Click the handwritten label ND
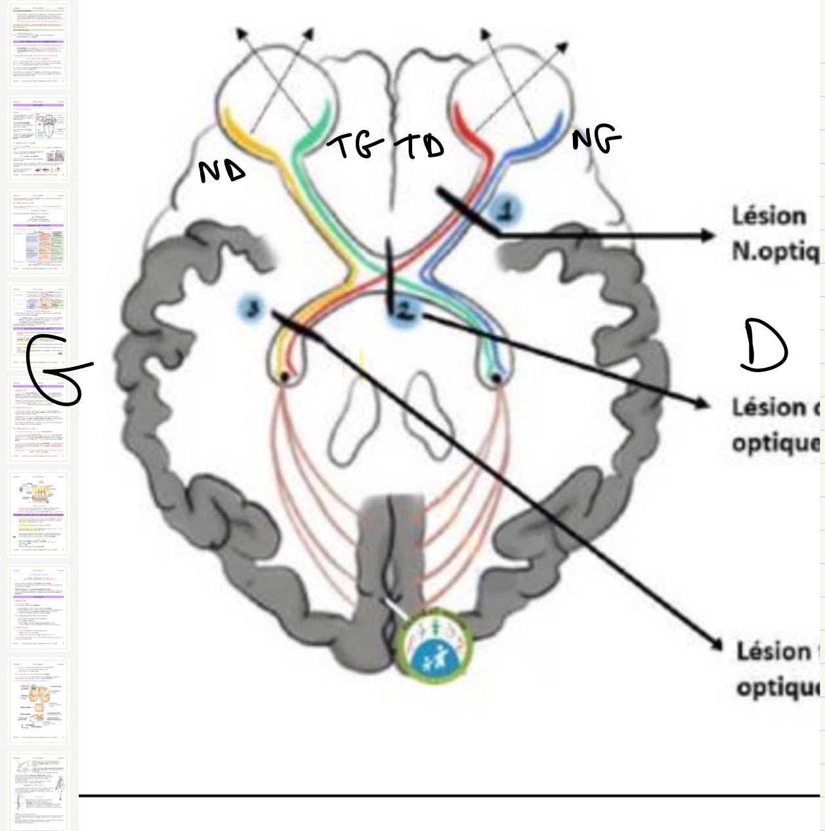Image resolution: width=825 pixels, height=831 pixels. click(x=222, y=171)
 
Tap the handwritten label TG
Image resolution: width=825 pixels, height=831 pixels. click(x=358, y=146)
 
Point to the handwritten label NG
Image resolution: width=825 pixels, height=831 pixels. click(x=595, y=140)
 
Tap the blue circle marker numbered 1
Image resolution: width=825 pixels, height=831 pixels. click(x=505, y=209)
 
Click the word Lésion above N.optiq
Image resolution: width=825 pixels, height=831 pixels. click(x=769, y=216)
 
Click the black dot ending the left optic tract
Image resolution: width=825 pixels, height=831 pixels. click(x=285, y=377)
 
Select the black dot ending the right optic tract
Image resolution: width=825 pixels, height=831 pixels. click(x=497, y=378)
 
